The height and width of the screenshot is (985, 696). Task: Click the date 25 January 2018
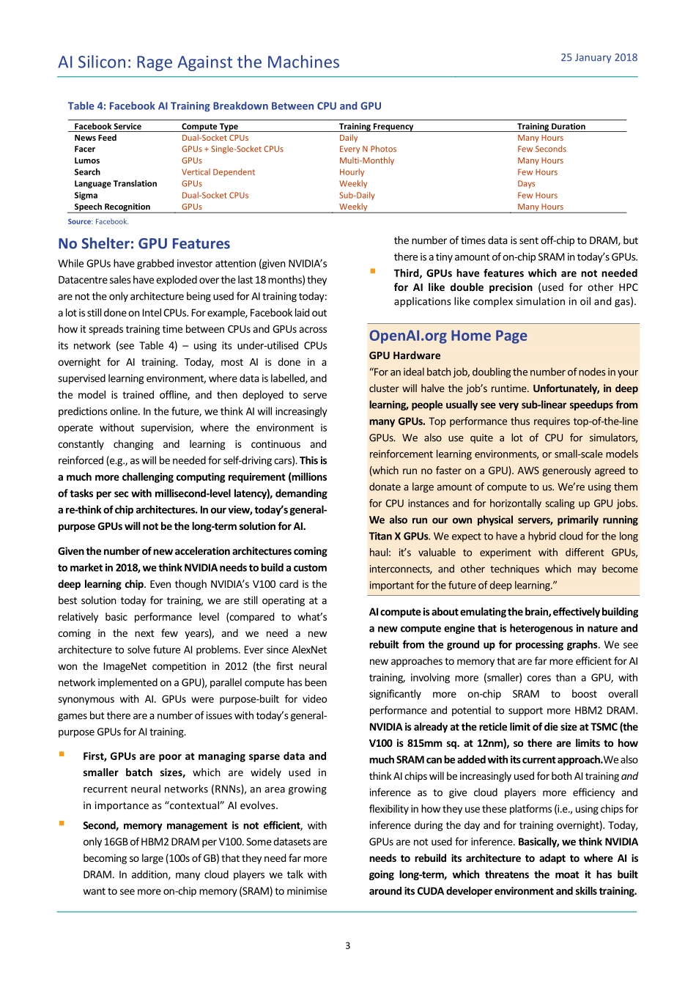click(x=599, y=58)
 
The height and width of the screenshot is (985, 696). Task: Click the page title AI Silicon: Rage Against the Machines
click(x=199, y=62)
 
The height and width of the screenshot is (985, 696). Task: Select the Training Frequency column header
click(x=376, y=127)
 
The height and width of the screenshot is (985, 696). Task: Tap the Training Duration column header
click(x=551, y=127)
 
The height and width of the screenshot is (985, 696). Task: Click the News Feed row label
click(x=95, y=138)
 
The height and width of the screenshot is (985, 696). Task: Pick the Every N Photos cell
click(x=368, y=150)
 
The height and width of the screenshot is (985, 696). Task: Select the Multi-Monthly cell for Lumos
click(x=366, y=161)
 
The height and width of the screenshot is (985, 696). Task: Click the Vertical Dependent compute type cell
click(x=218, y=173)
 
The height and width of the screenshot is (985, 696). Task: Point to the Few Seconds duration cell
click(x=541, y=150)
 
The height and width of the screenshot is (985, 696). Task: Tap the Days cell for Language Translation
click(x=526, y=184)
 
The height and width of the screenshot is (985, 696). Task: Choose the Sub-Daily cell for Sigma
click(x=357, y=196)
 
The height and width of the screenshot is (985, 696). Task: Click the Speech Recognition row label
click(x=112, y=207)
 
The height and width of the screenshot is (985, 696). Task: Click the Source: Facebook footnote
click(x=98, y=222)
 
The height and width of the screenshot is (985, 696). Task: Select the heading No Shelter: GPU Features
click(x=144, y=244)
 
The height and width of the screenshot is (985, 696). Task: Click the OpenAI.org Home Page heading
click(x=448, y=336)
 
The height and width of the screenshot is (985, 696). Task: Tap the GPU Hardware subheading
click(x=404, y=355)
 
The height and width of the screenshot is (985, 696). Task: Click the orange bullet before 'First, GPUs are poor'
click(x=62, y=754)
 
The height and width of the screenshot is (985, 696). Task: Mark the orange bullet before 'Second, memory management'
click(x=62, y=824)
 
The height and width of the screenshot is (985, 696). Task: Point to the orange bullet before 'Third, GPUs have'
click(x=373, y=271)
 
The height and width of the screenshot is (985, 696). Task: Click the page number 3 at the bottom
click(x=348, y=946)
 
